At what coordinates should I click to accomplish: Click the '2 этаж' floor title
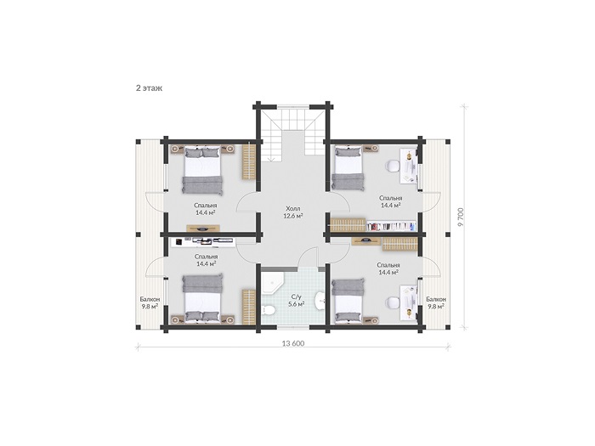click(x=149, y=88)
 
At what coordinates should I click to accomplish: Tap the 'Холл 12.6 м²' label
click(x=293, y=212)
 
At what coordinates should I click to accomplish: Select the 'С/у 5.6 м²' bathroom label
click(x=296, y=301)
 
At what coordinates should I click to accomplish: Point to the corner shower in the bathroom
click(x=271, y=281)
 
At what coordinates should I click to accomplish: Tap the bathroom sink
click(x=320, y=301)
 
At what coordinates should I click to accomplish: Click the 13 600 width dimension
click(x=293, y=343)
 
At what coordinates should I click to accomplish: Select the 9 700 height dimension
click(x=461, y=217)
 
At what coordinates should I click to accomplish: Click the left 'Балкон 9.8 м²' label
click(x=150, y=303)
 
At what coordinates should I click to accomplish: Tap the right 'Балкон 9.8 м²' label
click(x=436, y=302)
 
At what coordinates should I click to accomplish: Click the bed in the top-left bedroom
click(x=202, y=170)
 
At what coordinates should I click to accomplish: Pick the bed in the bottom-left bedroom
click(x=202, y=299)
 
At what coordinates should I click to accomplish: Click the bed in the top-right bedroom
click(x=348, y=168)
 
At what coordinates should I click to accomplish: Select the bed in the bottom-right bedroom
click(x=348, y=301)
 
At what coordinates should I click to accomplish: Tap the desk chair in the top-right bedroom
click(x=393, y=166)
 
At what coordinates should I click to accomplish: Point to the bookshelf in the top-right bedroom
click(x=390, y=227)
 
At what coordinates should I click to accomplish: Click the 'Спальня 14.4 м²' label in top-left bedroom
click(x=206, y=209)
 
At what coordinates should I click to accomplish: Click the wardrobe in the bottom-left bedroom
click(x=248, y=307)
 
